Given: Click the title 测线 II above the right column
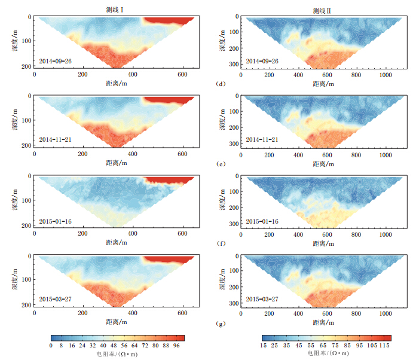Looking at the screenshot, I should (323, 10).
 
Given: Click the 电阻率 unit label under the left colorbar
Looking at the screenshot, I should (117, 353).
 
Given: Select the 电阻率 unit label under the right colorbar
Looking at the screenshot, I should (328, 353).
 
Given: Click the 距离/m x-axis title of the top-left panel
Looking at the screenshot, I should (117, 84).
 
